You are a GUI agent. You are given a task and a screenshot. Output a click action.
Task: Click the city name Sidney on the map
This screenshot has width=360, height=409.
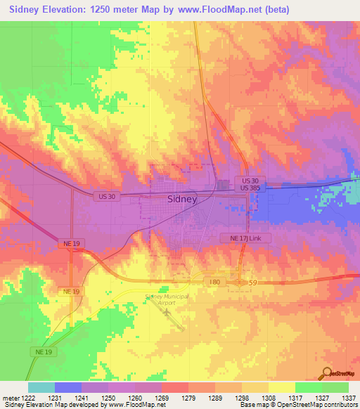(x=182, y=199)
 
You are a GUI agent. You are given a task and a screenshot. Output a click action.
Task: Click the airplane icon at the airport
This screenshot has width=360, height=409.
(x=166, y=311)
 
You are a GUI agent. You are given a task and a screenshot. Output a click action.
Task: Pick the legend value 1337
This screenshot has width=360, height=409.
(x=348, y=398)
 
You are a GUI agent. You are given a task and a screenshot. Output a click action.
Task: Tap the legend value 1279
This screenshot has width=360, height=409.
(x=188, y=398)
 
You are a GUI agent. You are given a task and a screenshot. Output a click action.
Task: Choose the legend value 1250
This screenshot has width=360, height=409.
(x=108, y=398)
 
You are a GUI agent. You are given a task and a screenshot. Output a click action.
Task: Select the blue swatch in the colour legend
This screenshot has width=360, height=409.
(x=67, y=387)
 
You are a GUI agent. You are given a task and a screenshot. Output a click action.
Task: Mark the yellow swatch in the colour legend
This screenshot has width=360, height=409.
(x=281, y=387)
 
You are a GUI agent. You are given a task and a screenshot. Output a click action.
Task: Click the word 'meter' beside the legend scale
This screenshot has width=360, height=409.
(x=10, y=398)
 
